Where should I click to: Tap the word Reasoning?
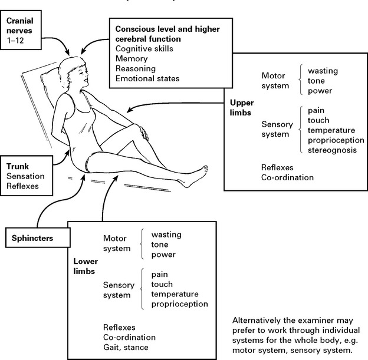coord(135,68)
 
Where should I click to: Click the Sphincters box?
coord(36,239)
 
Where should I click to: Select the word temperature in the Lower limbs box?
coord(175,294)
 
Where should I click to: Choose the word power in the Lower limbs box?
coord(163,255)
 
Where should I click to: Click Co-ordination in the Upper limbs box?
coord(287,177)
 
